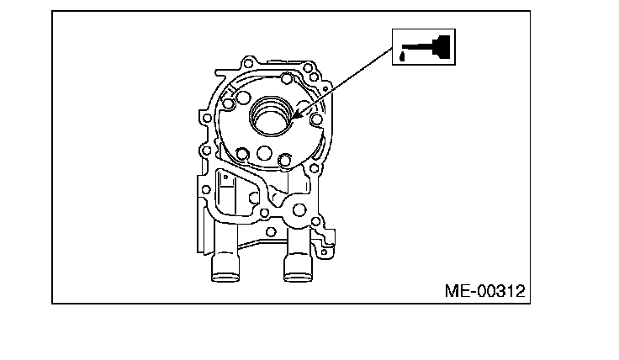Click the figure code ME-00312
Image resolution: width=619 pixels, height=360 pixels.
(x=484, y=291)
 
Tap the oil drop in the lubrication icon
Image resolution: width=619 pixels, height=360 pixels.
(x=402, y=56)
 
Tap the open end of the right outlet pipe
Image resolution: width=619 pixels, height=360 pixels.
(x=297, y=276)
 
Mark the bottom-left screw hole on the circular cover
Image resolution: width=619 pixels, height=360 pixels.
(x=243, y=153)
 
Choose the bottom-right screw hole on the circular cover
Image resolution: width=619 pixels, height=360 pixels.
(x=285, y=158)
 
